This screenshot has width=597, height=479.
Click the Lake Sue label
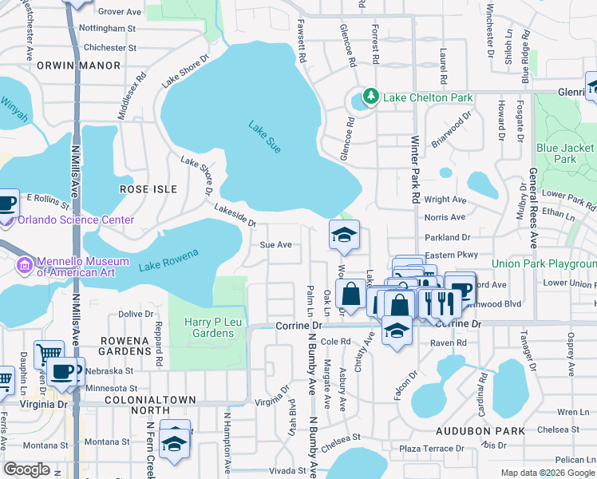pyautogui.click(x=264, y=137)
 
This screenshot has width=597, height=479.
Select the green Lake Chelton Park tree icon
pyautogui.click(x=370, y=97)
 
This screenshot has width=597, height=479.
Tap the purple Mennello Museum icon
pyautogui.click(x=24, y=264)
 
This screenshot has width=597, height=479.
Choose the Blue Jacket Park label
pyautogui.click(x=565, y=153)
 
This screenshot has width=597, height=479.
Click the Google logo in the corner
pyautogui.click(x=26, y=469)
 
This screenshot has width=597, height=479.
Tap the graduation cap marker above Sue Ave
pyautogui.click(x=345, y=235)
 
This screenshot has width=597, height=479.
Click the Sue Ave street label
pyautogui.click(x=275, y=245)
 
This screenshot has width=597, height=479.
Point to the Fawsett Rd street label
pyautogui.click(x=302, y=42)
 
